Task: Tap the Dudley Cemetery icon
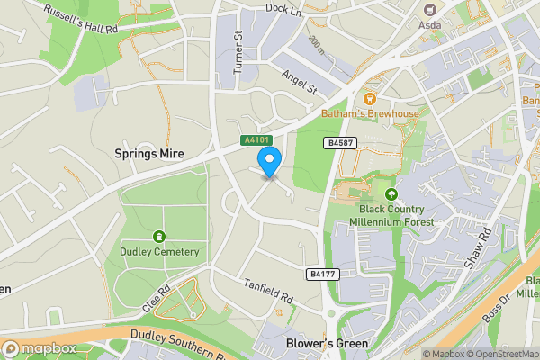(x=159, y=237)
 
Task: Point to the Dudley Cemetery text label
(x=159, y=252)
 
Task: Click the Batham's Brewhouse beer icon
(x=368, y=99)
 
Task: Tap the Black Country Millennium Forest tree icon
(x=391, y=194)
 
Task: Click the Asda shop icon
(x=429, y=9)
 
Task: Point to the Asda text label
(x=430, y=24)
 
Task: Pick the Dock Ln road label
(x=282, y=8)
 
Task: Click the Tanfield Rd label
(x=268, y=290)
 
